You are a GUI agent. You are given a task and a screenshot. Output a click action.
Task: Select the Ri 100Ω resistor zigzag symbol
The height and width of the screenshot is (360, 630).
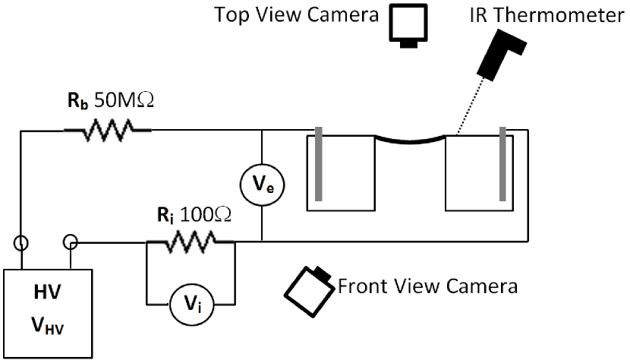coord(190,243)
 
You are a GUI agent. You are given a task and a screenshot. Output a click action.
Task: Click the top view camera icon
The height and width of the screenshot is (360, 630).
coord(409,24)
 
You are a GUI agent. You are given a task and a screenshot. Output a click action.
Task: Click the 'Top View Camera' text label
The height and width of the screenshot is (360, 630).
coord(296,16)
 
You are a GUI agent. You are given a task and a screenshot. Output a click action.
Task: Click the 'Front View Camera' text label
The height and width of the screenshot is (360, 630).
coord(427,286)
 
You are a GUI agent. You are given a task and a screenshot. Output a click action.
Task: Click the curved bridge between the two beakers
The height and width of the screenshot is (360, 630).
coord(410,140)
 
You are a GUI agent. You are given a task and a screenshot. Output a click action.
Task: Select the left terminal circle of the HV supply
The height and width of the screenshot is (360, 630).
coord(22,244)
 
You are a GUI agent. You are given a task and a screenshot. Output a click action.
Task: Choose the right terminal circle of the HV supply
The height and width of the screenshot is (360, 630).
coord(70,243)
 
